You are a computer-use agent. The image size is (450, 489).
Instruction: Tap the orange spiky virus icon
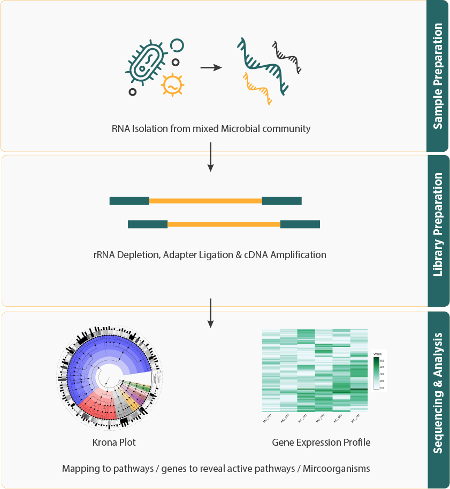(172, 84)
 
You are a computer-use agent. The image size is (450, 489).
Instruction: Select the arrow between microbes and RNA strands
(211, 68)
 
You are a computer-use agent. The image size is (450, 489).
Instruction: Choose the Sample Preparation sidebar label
(438, 75)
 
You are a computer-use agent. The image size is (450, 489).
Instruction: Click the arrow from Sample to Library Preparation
(210, 157)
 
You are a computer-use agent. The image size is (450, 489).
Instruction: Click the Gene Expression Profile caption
(321, 443)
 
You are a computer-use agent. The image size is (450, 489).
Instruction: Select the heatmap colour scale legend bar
(377, 373)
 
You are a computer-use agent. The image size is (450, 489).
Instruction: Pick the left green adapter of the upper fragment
(129, 201)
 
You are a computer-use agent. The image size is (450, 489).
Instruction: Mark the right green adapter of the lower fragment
(300, 224)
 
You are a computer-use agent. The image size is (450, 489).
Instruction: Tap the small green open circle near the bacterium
(177, 45)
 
